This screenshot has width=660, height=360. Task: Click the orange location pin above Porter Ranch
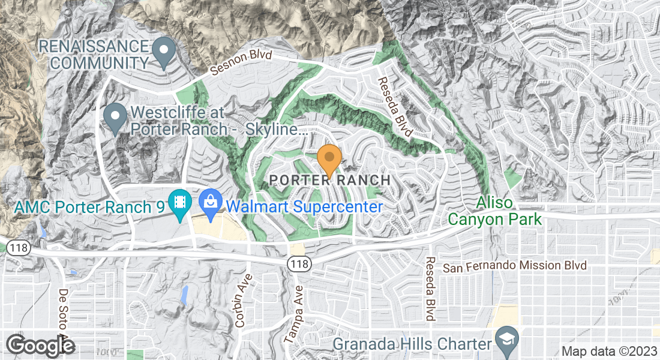pos(329,158)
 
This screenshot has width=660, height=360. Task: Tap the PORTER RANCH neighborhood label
pos(329,180)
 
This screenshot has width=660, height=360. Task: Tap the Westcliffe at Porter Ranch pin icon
pos(115,116)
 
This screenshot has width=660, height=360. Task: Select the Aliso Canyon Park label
pos(509,212)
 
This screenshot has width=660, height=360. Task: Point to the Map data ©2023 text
pos(609,352)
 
